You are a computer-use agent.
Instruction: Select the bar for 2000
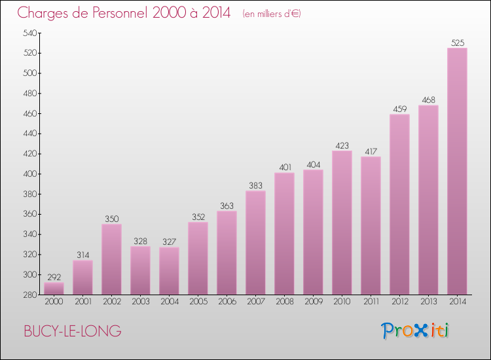54,289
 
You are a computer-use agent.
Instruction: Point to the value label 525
457,43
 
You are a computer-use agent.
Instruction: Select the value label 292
54,277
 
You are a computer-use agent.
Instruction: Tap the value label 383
255,185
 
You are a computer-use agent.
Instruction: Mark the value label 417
371,151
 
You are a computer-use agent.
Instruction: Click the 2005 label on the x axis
198,302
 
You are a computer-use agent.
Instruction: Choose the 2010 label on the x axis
342,302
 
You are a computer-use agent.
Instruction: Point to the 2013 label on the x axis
428,302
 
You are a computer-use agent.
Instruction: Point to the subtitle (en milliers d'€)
271,14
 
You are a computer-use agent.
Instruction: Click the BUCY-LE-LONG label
72,331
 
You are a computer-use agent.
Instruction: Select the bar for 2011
371,226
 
